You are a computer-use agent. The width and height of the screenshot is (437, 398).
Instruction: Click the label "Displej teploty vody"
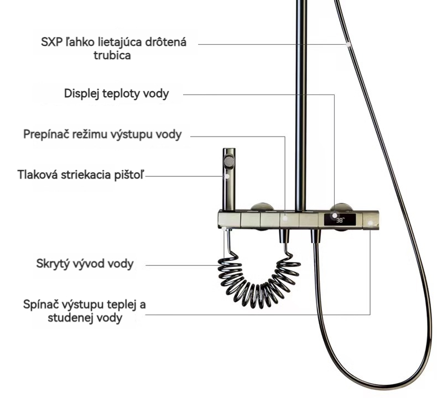pyautogui.click(x=116, y=93)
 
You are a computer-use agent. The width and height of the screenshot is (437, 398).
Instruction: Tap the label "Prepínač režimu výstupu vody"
pyautogui.click(x=102, y=134)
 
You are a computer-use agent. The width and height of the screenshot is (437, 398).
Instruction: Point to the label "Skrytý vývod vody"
pyautogui.click(x=85, y=264)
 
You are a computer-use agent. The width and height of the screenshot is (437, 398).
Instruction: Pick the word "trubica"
pyautogui.click(x=112, y=55)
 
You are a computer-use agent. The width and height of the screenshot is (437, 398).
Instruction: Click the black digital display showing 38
pyautogui.click(x=340, y=220)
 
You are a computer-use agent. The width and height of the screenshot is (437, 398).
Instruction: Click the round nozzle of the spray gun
pyautogui.click(x=229, y=161)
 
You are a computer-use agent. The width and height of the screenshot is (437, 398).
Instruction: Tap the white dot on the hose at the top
pyautogui.click(x=348, y=44)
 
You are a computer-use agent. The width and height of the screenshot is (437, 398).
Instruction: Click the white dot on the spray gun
pyautogui.click(x=227, y=176)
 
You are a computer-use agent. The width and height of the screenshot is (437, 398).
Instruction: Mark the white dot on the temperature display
pyautogui.click(x=335, y=216)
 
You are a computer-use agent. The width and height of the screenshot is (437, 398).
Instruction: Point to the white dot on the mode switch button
pyautogui.click(x=285, y=219)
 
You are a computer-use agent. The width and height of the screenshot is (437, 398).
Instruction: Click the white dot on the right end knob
pyautogui.click(x=371, y=223)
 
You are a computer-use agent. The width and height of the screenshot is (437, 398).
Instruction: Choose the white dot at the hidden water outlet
pyautogui.click(x=224, y=228)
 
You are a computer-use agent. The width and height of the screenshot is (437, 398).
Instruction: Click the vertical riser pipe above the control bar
pyautogui.click(x=301, y=105)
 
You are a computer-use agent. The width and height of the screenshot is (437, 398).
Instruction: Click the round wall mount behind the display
pyautogui.click(x=341, y=207)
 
